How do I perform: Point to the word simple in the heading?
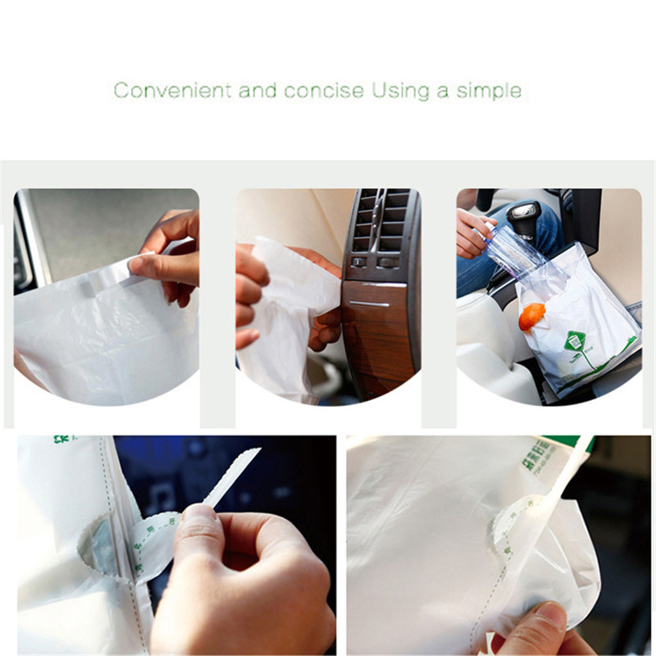point(490,90)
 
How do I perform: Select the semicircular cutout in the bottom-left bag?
point(94,545)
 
